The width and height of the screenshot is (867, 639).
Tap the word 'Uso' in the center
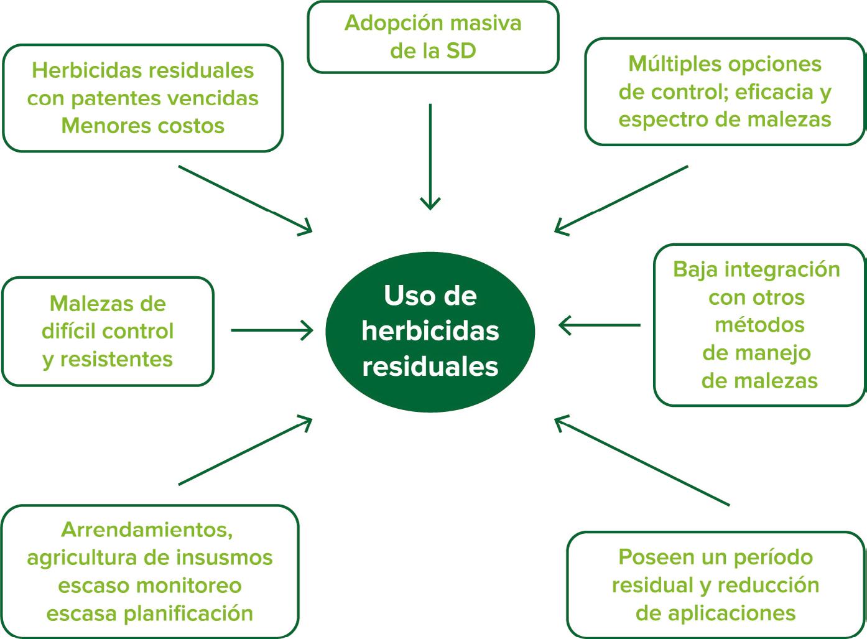click(x=404, y=296)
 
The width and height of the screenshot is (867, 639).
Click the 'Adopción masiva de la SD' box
click(x=433, y=37)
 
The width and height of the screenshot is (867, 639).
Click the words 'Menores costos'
click(x=142, y=126)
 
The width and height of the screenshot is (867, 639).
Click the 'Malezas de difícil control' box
click(x=108, y=331)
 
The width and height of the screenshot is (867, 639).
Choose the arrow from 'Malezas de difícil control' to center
click(x=272, y=330)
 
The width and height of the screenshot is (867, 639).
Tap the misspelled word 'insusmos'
click(x=232, y=557)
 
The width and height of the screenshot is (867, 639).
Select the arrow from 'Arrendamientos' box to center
click(x=244, y=451)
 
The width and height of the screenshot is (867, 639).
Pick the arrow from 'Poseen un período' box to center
click(x=641, y=461)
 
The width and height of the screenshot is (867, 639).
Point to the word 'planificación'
click(x=188, y=613)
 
